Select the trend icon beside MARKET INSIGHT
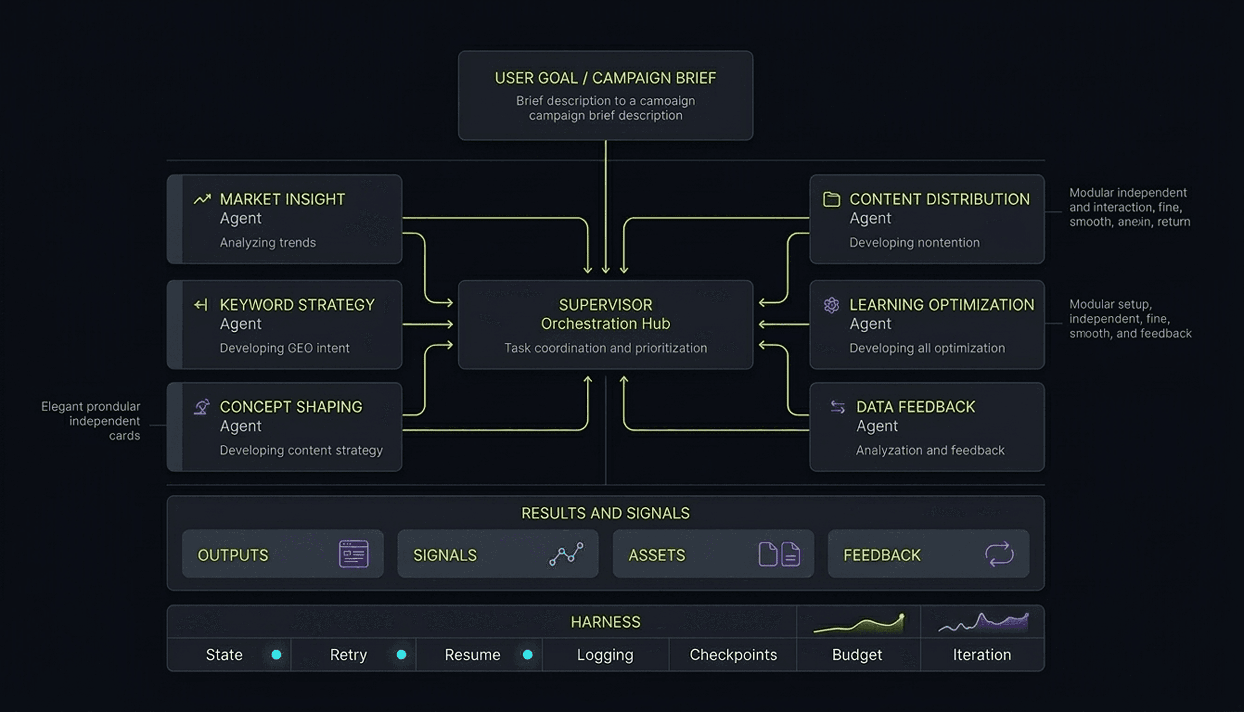(x=202, y=199)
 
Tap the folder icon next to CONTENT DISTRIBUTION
(x=831, y=199)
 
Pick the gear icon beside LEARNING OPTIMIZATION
(x=831, y=305)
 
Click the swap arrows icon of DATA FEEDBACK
(x=838, y=407)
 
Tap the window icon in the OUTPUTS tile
(x=354, y=554)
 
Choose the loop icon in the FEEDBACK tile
(x=999, y=554)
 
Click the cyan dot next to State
(x=276, y=655)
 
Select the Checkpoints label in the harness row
(x=733, y=655)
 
